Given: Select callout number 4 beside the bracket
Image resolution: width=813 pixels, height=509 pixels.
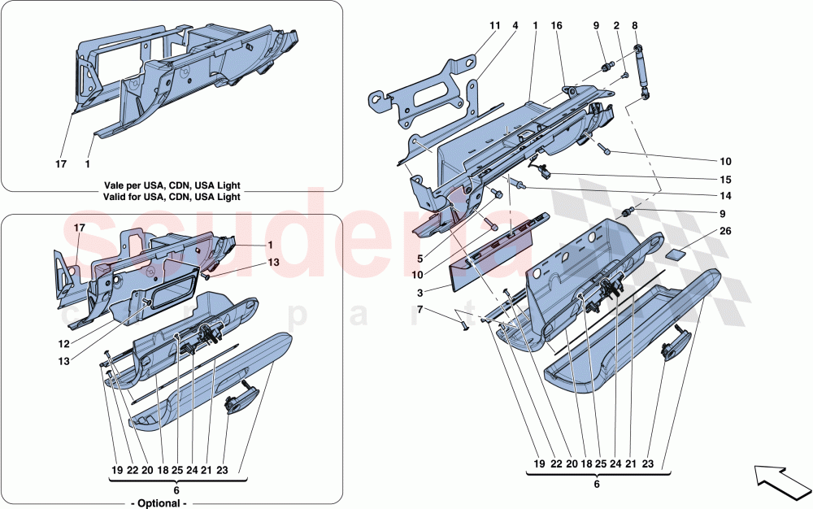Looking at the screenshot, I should [515, 26].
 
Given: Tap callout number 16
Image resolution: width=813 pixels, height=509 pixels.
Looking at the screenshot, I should [557, 26].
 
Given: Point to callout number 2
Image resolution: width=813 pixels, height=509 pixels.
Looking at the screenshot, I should [617, 26].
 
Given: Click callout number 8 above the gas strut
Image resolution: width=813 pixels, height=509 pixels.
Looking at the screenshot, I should [635, 26].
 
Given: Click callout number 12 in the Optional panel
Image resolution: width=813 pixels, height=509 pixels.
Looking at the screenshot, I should [63, 344].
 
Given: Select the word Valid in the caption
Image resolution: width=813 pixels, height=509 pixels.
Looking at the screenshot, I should [118, 197].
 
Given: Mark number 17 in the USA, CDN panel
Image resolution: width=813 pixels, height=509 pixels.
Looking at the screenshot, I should [60, 163].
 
